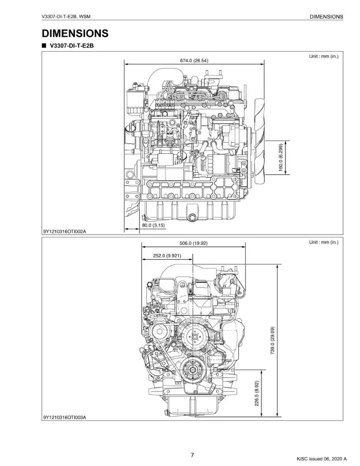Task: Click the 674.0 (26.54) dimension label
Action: tap(194, 61)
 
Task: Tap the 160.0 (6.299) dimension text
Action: tap(281, 158)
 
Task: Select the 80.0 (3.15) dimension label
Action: tap(153, 225)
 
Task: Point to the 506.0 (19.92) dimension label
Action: tap(193, 243)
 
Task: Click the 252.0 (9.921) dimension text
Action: tap(167, 255)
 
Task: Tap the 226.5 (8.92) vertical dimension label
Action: tap(256, 393)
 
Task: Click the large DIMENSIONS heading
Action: tap(75, 34)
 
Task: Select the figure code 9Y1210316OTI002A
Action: tap(65, 232)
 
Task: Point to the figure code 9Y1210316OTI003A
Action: tap(65, 417)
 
